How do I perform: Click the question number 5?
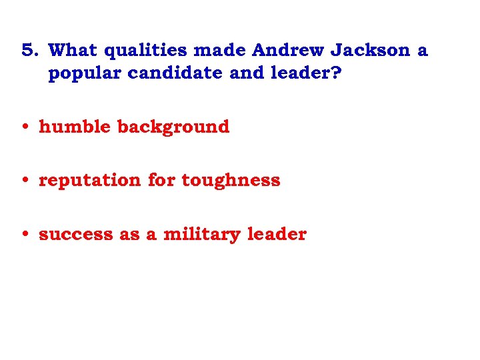(29, 50)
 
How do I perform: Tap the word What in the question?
(73, 50)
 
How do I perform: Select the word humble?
(75, 126)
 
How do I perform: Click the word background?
(174, 127)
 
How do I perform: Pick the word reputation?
(90, 181)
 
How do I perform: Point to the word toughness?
(231, 181)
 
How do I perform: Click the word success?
(76, 235)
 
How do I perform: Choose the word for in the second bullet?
(161, 180)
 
